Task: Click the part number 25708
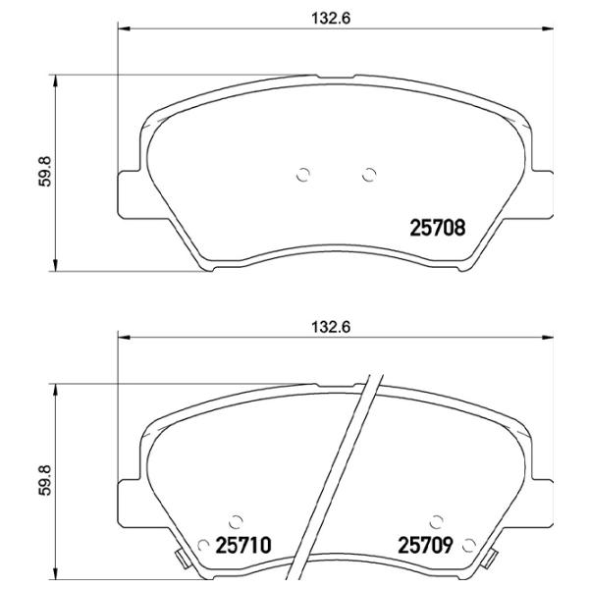pyautogui.click(x=438, y=228)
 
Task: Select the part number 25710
pyautogui.click(x=243, y=546)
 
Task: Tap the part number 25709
pyautogui.click(x=425, y=546)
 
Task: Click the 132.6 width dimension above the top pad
pyautogui.click(x=331, y=18)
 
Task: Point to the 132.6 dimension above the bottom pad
pyautogui.click(x=331, y=327)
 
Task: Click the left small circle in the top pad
pyautogui.click(x=303, y=175)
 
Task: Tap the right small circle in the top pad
pyautogui.click(x=369, y=175)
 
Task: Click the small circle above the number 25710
pyautogui.click(x=236, y=521)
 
